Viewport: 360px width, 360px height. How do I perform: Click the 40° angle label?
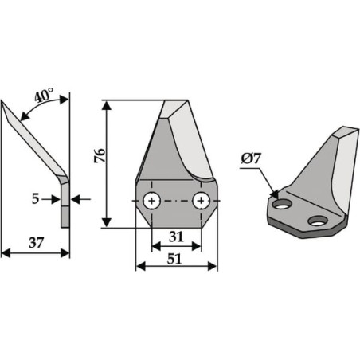(44, 96)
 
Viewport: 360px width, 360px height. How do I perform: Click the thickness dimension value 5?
(35, 198)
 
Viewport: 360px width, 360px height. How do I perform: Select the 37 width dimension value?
(36, 243)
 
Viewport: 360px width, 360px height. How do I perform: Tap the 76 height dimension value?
(100, 155)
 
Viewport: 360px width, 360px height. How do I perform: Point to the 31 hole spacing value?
(176, 237)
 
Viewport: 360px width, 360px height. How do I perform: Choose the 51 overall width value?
(174, 259)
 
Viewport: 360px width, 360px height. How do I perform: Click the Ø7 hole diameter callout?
(251, 159)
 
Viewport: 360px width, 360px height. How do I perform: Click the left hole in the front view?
(151, 201)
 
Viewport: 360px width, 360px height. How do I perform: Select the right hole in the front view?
(202, 201)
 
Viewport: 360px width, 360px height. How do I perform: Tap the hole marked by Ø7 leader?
(283, 204)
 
